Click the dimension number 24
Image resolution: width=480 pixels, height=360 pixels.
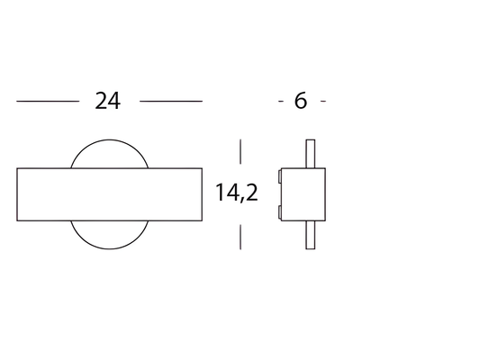(108, 101)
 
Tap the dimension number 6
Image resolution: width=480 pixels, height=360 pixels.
(300, 101)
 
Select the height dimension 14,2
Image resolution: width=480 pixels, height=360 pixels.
(237, 193)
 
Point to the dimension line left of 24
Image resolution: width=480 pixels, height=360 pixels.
(48, 101)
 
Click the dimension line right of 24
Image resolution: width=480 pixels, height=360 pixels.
(171, 101)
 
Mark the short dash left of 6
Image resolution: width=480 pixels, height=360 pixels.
(281, 101)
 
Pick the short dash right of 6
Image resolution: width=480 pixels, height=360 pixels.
(323, 101)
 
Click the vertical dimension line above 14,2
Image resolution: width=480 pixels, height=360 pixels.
(240, 151)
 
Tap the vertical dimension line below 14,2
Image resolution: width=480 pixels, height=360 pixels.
(240, 237)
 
